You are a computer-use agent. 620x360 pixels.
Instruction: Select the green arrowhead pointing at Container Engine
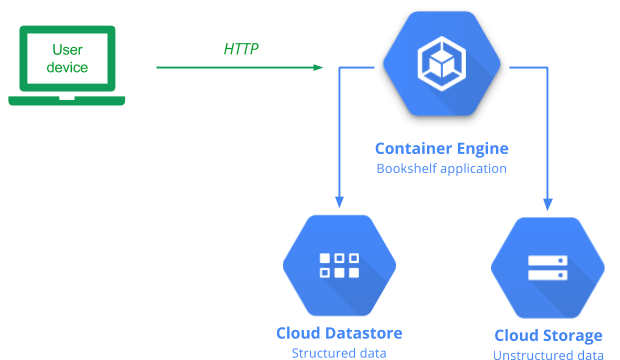point(319,68)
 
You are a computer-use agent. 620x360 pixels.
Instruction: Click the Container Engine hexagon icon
point(442,68)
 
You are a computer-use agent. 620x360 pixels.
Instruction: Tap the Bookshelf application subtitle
point(441,168)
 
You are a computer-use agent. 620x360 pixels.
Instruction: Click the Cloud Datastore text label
point(340,332)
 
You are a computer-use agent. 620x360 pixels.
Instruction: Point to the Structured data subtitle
point(340,352)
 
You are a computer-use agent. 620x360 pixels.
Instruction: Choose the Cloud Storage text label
point(548,335)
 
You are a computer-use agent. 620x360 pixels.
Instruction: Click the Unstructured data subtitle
point(548,354)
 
